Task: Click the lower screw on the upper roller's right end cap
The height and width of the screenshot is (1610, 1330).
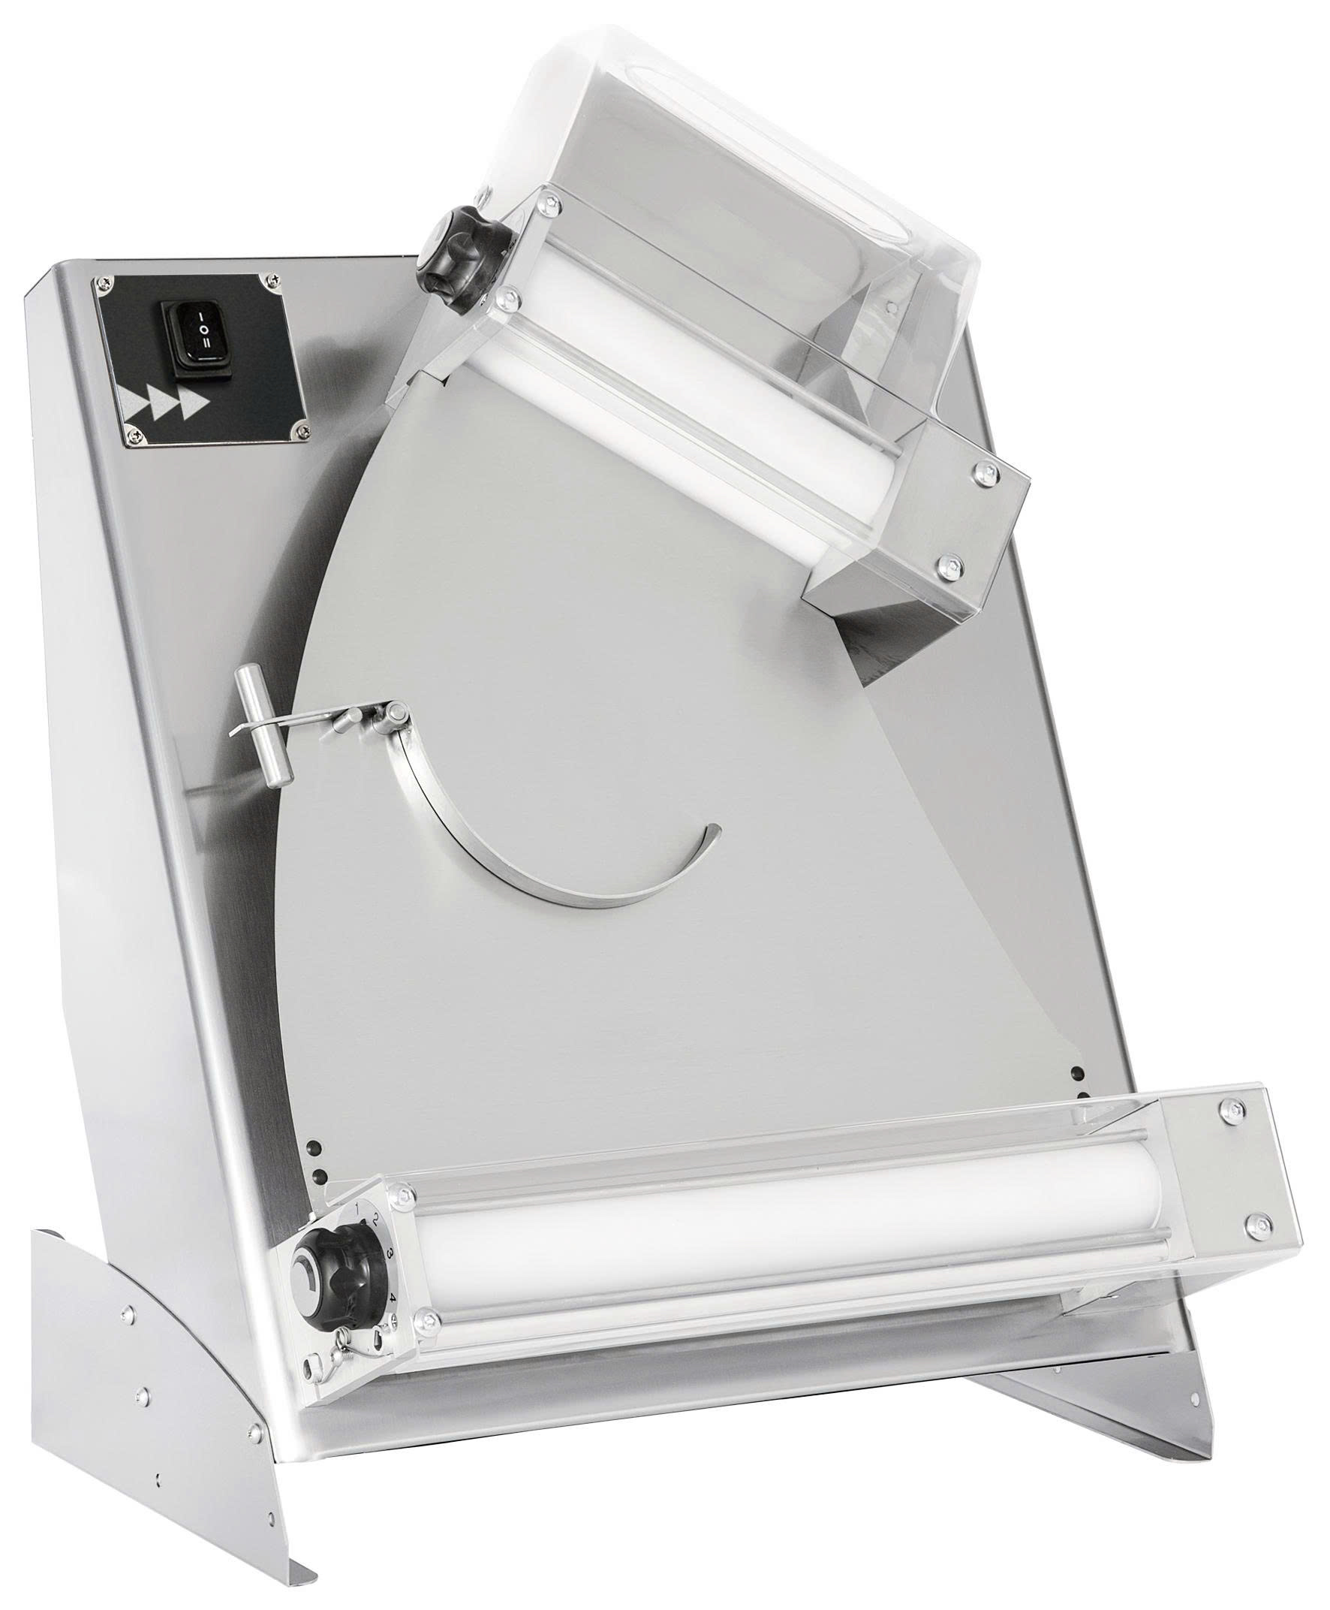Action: tap(950, 565)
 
